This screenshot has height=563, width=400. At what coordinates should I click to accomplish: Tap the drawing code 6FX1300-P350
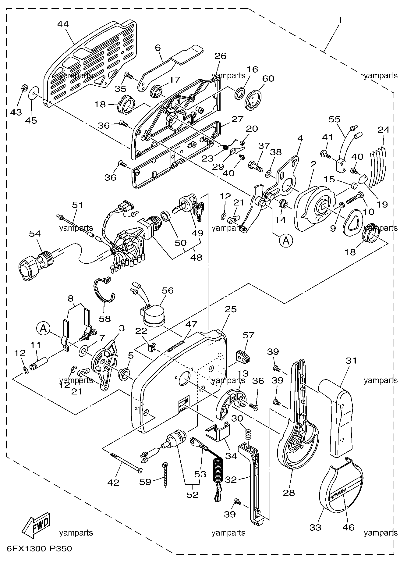click(x=37, y=549)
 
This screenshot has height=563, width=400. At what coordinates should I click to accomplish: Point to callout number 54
click(x=35, y=233)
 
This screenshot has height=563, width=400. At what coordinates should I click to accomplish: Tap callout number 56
click(x=167, y=290)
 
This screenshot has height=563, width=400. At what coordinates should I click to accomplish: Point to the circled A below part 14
click(x=285, y=241)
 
